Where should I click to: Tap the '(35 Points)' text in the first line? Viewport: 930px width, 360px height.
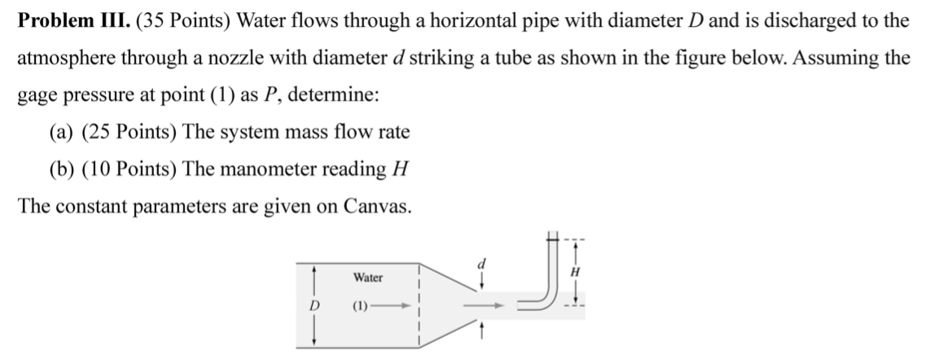pos(170,22)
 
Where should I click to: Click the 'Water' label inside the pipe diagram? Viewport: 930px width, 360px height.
pos(368,278)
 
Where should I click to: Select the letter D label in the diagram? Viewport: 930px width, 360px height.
pos(313,307)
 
